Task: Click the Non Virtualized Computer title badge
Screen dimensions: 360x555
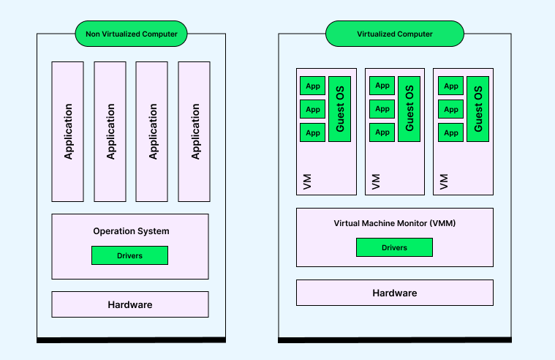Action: pos(131,34)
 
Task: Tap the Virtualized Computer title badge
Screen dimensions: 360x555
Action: pos(394,34)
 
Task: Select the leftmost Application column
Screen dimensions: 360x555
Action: pos(68,131)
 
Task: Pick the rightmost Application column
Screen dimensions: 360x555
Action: pos(195,131)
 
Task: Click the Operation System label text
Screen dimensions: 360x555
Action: pos(131,231)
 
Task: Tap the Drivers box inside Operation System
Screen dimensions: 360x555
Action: pos(129,255)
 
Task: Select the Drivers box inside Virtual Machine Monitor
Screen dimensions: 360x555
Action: pos(394,247)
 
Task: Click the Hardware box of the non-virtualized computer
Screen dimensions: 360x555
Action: pos(129,304)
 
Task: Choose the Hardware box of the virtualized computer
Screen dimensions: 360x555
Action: pos(394,293)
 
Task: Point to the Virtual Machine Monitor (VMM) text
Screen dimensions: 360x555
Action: pos(394,223)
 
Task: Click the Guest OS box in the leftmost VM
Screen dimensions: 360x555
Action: pos(339,109)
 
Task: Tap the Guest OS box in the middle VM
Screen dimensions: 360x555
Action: pos(409,109)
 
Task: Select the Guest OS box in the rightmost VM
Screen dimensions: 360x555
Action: pos(477,109)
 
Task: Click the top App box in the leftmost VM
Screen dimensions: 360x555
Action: pos(313,86)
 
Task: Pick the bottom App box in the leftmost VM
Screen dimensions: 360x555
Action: pos(313,133)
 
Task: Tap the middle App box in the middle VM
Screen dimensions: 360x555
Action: pos(382,110)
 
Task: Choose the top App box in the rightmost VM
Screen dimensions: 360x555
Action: pos(450,86)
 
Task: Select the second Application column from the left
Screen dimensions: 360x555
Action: pos(110,131)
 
